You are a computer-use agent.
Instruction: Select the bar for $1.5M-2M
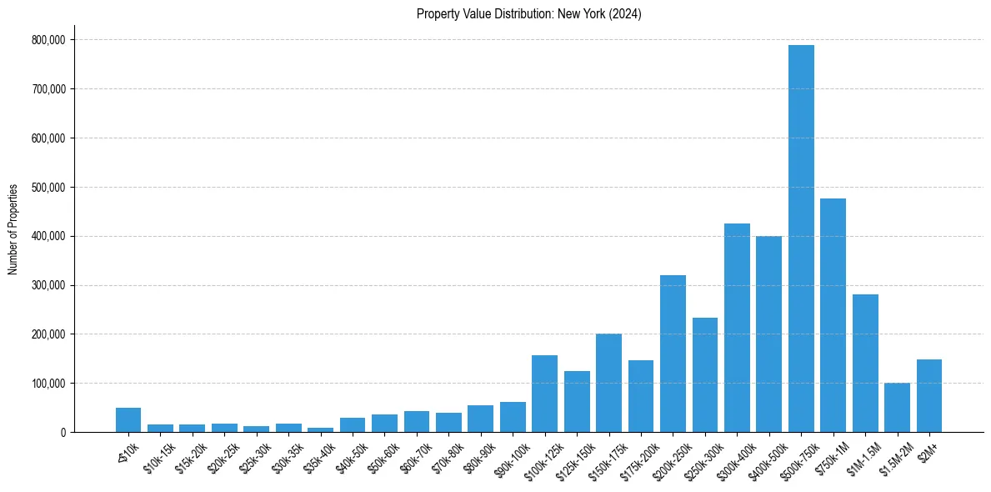(897, 408)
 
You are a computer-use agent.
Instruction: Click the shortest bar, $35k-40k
(320, 429)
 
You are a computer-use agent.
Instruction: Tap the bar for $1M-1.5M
(865, 364)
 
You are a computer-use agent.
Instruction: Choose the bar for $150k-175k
(608, 383)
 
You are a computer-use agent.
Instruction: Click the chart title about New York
(528, 14)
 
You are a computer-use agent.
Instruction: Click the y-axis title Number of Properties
(13, 228)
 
